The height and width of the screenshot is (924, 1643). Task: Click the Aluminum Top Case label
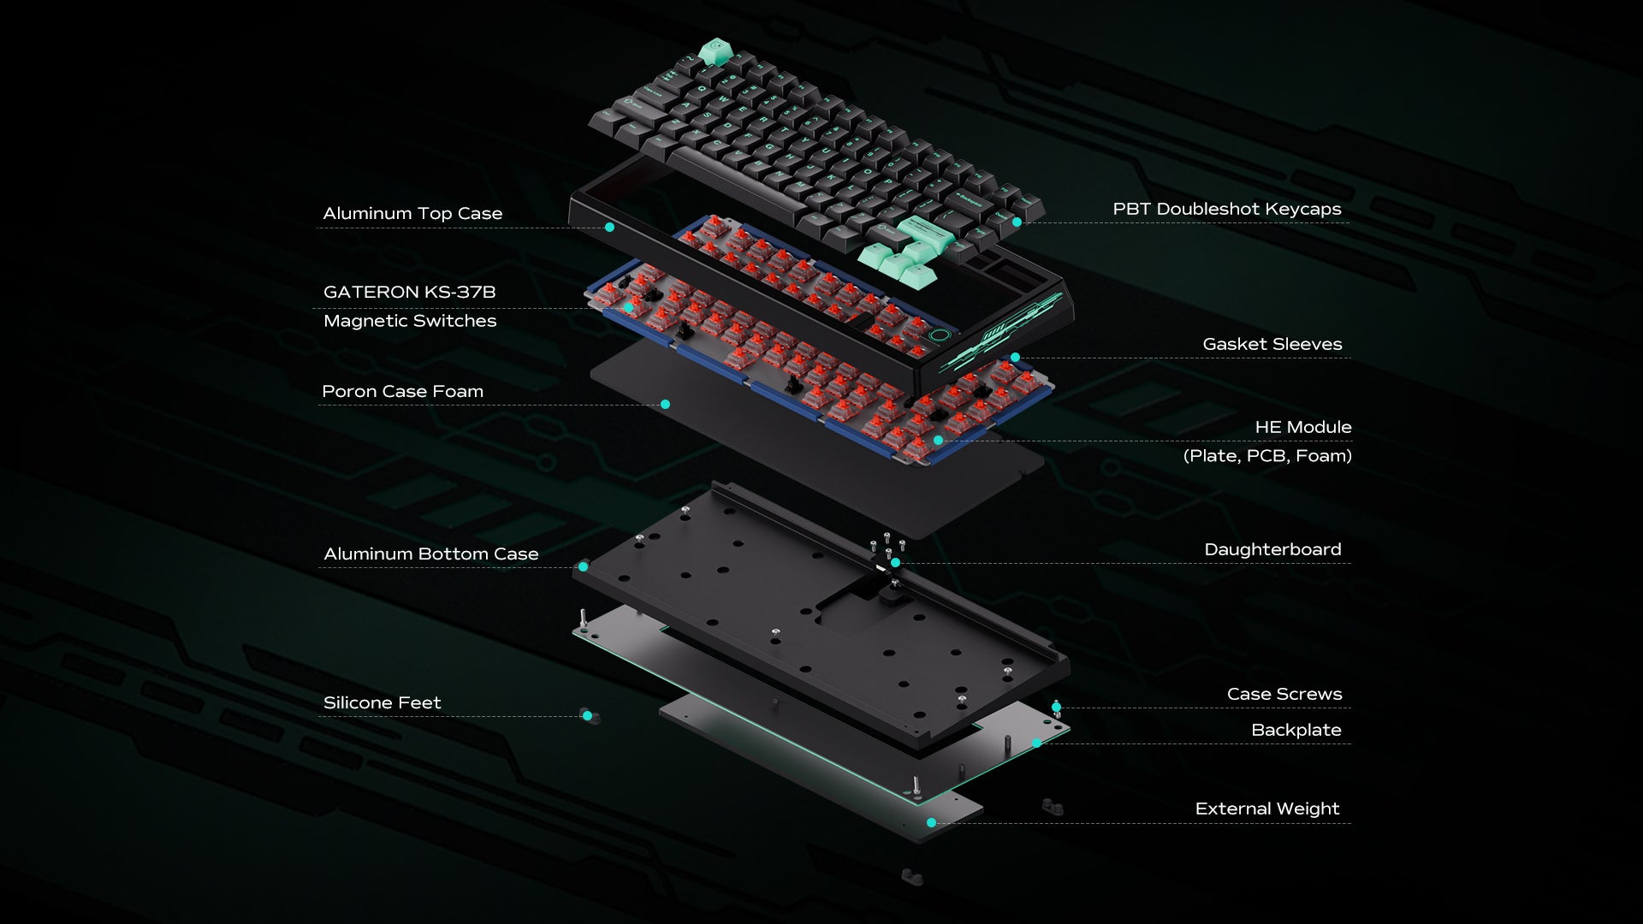point(412,213)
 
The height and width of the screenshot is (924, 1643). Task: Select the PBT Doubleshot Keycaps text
point(1226,209)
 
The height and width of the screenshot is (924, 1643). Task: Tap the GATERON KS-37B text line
point(409,292)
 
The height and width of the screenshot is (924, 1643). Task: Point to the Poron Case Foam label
point(402,391)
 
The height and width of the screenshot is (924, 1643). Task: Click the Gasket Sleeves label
point(1272,344)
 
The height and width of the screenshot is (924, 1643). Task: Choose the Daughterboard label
point(1272,549)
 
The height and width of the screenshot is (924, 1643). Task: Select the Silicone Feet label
point(382,702)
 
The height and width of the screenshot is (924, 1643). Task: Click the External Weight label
point(1266,808)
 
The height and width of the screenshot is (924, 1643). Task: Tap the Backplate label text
point(1296,730)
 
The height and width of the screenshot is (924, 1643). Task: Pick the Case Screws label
point(1284,694)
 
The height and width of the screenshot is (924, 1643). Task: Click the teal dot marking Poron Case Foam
point(665,404)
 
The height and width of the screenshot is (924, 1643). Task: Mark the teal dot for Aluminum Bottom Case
point(583,566)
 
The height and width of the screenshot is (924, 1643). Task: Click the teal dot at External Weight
point(931,822)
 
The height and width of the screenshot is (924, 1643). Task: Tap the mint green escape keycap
point(712,51)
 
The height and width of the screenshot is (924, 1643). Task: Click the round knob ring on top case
point(939,336)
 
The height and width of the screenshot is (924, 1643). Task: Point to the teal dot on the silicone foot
point(587,715)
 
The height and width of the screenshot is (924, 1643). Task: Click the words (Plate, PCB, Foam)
point(1266,456)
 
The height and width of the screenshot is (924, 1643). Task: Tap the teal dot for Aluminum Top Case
point(609,228)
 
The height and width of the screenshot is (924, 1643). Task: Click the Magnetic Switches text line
point(409,321)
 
